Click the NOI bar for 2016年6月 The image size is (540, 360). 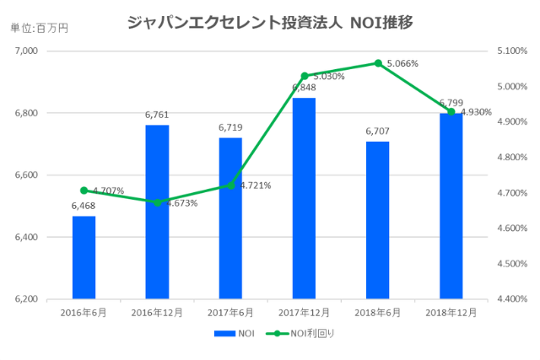point(84,257)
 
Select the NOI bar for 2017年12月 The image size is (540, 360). point(304,198)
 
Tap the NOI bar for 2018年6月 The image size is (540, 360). point(377,220)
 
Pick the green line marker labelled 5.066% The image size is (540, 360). point(377,63)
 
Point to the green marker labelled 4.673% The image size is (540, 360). point(157,202)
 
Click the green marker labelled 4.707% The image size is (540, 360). point(84,191)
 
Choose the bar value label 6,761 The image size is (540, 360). point(157,116)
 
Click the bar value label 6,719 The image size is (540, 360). point(230,128)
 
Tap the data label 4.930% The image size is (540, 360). point(475,112)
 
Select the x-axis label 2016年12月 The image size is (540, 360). point(157,313)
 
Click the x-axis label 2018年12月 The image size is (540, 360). point(451,313)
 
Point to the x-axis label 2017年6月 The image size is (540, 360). point(230,313)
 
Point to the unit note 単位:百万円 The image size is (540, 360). point(39,28)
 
